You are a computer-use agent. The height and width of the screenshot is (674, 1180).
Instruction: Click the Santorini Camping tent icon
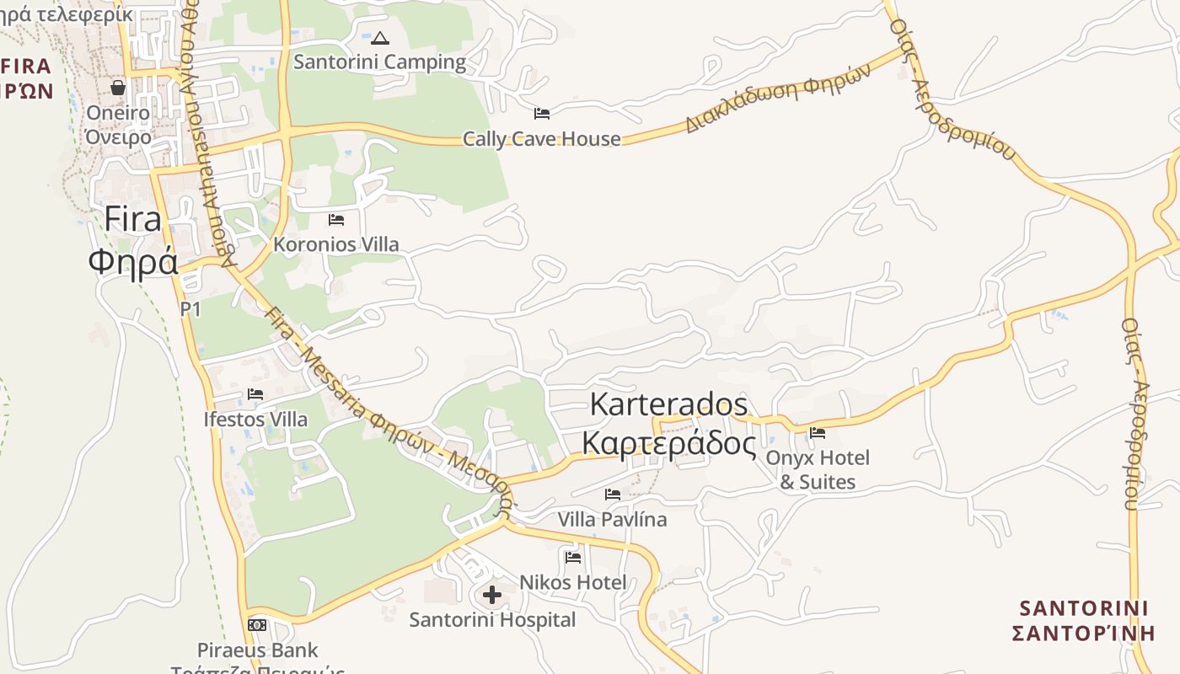380,38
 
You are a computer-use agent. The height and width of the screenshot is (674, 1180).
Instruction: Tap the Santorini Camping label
379,62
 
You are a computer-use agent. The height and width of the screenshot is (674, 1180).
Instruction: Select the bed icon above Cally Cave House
542,114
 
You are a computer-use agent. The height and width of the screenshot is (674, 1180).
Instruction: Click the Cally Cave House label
542,139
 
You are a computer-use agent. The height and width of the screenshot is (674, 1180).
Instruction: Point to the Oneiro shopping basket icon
118,88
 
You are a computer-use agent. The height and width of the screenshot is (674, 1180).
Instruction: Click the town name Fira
133,219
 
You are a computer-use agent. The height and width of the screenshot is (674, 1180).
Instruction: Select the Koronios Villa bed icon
336,220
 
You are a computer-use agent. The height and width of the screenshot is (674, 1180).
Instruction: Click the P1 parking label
191,309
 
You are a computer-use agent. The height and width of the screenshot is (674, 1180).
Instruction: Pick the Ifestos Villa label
255,419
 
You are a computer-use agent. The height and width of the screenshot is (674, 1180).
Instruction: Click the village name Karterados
668,404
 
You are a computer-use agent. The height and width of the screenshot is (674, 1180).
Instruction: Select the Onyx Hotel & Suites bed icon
817,434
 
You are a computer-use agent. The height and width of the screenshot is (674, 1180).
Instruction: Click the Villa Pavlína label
612,519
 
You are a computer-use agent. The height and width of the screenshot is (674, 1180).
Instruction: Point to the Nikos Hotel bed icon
573,557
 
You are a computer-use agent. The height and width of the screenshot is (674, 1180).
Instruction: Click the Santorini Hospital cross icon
492,596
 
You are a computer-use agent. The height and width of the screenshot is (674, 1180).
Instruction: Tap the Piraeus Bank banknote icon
257,625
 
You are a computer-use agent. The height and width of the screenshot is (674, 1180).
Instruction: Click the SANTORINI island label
1083,608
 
